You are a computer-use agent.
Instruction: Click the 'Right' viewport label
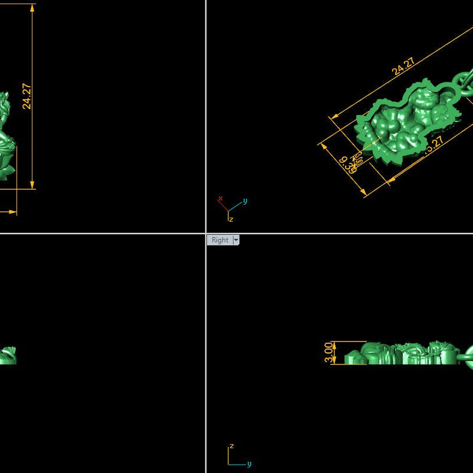pos(219,240)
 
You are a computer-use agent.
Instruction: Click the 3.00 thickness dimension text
pos(329,353)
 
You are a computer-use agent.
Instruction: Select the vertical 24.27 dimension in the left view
pos(27,96)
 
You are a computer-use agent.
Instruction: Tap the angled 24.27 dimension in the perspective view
pos(403,67)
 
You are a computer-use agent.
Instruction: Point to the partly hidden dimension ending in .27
pos(434,144)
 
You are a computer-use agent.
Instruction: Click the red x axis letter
pos(220,199)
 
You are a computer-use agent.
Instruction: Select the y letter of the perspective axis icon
pos(245,201)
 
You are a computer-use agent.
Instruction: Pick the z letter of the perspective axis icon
pos(231,219)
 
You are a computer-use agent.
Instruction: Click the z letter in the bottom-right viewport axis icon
pos(232,446)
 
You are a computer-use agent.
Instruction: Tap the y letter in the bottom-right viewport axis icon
pos(249,464)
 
